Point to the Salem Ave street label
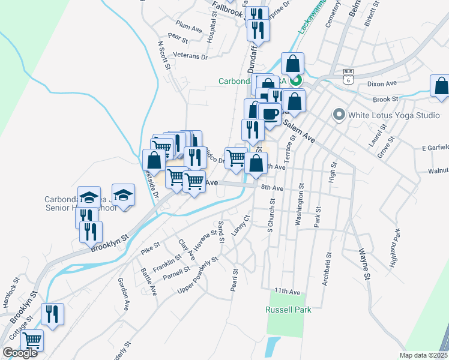coord(299,129)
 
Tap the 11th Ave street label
coord(287,291)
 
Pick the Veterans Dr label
coord(190,56)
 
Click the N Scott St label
coord(163,55)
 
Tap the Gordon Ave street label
coord(124,293)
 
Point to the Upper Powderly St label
coord(197,277)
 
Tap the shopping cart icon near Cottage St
coord(32,340)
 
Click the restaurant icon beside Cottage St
coord(52,314)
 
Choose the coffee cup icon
coord(270,113)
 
